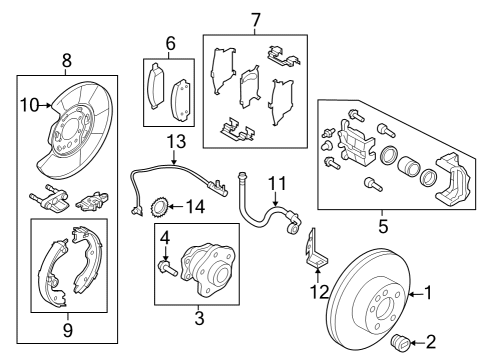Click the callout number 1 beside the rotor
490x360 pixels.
(x=430, y=293)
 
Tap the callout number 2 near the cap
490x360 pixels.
(x=431, y=342)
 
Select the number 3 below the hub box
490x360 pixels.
(x=198, y=318)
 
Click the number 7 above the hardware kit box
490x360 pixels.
(x=255, y=20)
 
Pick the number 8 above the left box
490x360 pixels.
(x=67, y=61)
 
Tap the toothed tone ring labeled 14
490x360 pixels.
(x=156, y=208)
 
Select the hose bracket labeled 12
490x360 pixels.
(x=314, y=250)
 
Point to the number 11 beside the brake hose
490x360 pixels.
(x=277, y=183)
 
